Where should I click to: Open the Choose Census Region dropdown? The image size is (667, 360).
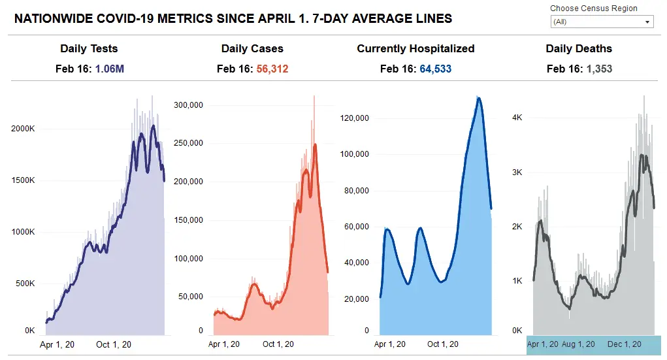(602, 22)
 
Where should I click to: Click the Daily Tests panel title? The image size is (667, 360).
(89, 49)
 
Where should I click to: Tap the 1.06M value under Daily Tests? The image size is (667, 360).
(110, 69)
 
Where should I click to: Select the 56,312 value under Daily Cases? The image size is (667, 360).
(272, 69)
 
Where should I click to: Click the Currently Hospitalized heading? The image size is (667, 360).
(415, 49)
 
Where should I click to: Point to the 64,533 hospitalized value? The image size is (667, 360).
(435, 69)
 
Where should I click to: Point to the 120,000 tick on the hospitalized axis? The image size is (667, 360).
(355, 118)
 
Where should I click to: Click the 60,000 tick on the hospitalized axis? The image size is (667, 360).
(357, 227)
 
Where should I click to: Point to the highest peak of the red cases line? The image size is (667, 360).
(315, 144)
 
